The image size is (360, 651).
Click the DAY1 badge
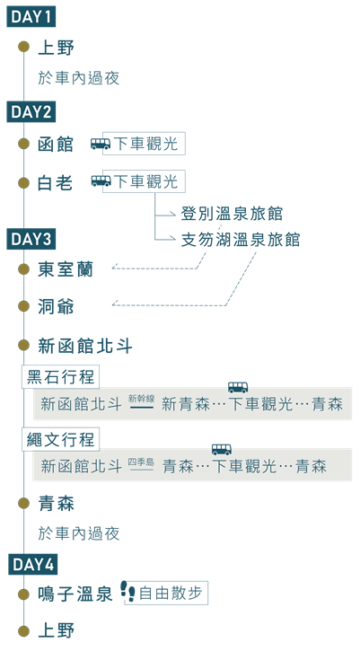[x=31, y=17]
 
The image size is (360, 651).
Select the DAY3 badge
[x=31, y=240]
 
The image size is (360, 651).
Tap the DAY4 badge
[x=33, y=565]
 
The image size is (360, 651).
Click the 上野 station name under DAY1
[x=56, y=47]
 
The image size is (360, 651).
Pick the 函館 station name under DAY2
[x=56, y=145]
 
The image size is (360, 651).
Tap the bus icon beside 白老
[x=101, y=181]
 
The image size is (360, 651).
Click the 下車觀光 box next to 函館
[x=144, y=144]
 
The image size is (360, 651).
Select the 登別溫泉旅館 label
[x=232, y=214]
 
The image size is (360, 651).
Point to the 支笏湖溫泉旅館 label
[x=241, y=240]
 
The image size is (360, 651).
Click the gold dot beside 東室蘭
[x=23, y=268]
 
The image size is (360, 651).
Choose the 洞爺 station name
[x=56, y=307]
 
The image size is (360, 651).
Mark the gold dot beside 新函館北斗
[x=23, y=345]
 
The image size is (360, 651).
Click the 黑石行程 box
[x=61, y=377]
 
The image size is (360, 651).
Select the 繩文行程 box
[x=61, y=439]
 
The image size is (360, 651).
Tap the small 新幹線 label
[x=142, y=399]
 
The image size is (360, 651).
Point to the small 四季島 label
[x=141, y=462]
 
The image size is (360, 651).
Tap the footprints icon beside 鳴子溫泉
[x=128, y=592]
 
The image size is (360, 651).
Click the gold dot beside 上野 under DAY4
[x=23, y=630]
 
